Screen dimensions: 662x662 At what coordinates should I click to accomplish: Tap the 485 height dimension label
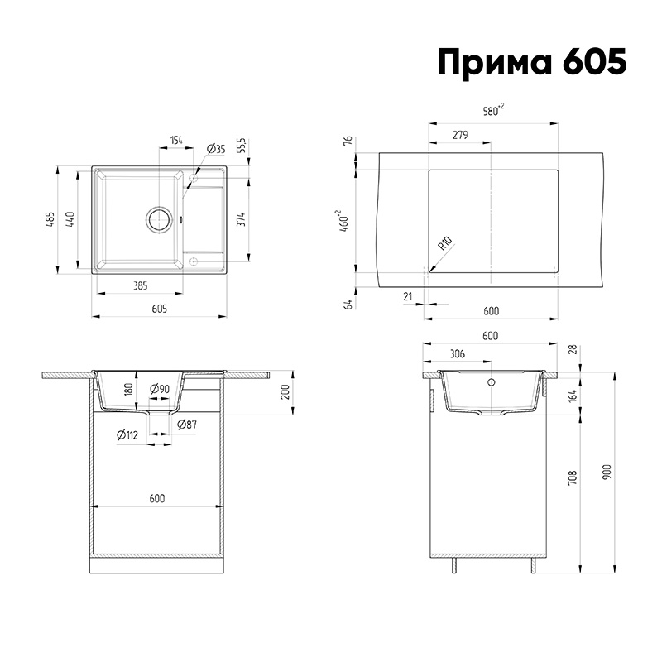coord(50,219)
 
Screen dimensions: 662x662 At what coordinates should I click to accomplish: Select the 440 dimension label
coord(70,219)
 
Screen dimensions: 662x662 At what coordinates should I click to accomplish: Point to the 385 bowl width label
coord(140,285)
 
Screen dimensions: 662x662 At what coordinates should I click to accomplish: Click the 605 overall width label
coord(159,309)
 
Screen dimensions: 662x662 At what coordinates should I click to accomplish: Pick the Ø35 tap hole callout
coord(216,149)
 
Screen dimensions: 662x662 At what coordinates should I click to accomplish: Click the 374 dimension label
coord(241,219)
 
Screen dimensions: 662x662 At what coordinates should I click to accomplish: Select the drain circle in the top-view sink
coord(159,219)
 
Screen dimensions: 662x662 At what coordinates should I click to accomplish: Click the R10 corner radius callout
coord(444,243)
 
